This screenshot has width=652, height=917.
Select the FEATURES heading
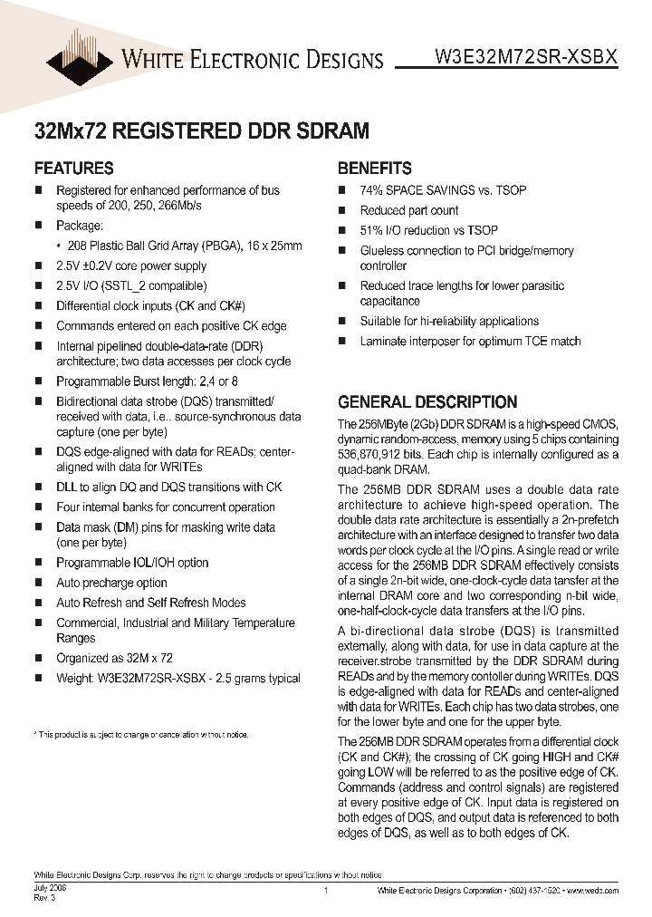tap(73, 168)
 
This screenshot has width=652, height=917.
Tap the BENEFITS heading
tap(375, 168)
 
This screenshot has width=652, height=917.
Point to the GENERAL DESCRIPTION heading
tap(427, 401)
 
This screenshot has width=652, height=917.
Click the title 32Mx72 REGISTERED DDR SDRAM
tap(201, 130)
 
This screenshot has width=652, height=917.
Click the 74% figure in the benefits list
tap(374, 190)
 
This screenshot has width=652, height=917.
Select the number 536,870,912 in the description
tap(376, 454)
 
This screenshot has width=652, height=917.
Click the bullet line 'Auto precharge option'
tap(111, 583)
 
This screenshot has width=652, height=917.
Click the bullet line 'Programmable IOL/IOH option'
tap(132, 563)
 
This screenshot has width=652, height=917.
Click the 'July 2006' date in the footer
tap(49, 889)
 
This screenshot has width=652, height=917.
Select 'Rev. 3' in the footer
tap(44, 898)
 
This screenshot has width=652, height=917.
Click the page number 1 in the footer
tap(325, 893)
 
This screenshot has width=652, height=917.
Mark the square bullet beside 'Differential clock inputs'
tap(39, 306)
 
